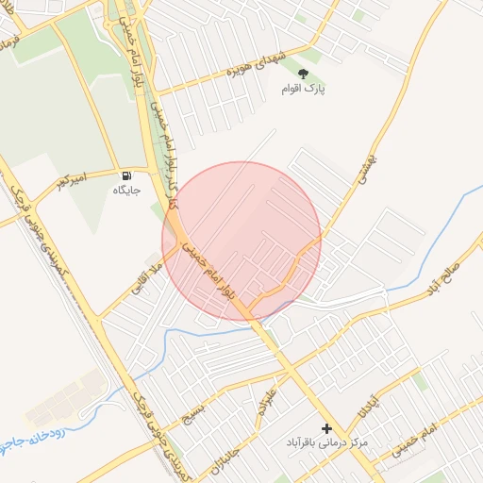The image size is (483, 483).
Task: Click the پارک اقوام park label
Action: (x=302, y=89)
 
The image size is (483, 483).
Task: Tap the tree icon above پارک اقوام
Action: (x=303, y=73)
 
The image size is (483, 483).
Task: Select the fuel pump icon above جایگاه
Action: (x=126, y=176)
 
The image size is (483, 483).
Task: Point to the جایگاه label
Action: (x=126, y=191)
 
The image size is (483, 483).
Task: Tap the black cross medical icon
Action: (x=327, y=428)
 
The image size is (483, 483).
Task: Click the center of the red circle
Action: (x=241, y=241)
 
